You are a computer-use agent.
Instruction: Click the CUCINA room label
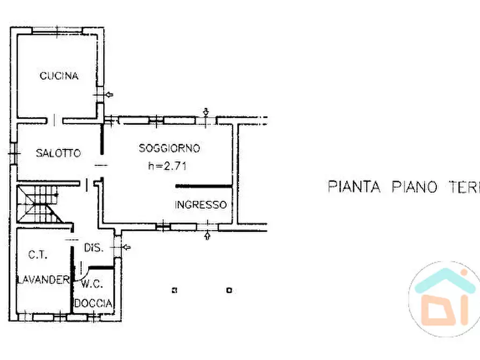point(59,76)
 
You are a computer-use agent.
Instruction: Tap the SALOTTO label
point(58,153)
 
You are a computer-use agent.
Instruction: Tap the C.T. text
point(38,256)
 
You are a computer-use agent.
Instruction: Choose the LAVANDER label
point(43,279)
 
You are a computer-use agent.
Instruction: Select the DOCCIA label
point(94,304)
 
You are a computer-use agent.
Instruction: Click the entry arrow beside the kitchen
point(109,95)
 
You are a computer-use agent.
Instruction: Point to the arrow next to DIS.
point(126,247)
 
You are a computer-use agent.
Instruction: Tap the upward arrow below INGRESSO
point(208,235)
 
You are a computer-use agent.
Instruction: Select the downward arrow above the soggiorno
point(206,112)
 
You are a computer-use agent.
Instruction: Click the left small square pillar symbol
point(174,291)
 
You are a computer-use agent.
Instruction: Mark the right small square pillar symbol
point(229,291)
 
